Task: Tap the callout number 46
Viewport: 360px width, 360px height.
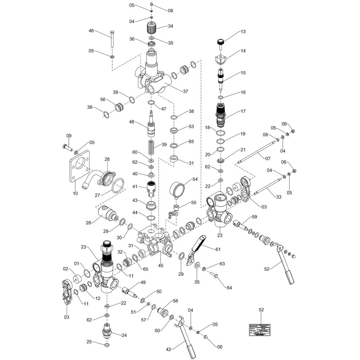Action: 91,31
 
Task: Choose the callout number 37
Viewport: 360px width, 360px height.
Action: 185,91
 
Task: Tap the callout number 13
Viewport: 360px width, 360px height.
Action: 243,32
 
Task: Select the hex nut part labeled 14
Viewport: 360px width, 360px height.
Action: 220,58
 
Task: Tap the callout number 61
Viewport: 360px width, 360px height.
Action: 218,249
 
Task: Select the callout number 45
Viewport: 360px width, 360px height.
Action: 161,266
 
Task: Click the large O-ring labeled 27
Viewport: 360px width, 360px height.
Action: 117,187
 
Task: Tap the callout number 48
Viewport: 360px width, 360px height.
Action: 132,122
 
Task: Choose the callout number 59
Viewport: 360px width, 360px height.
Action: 255,217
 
